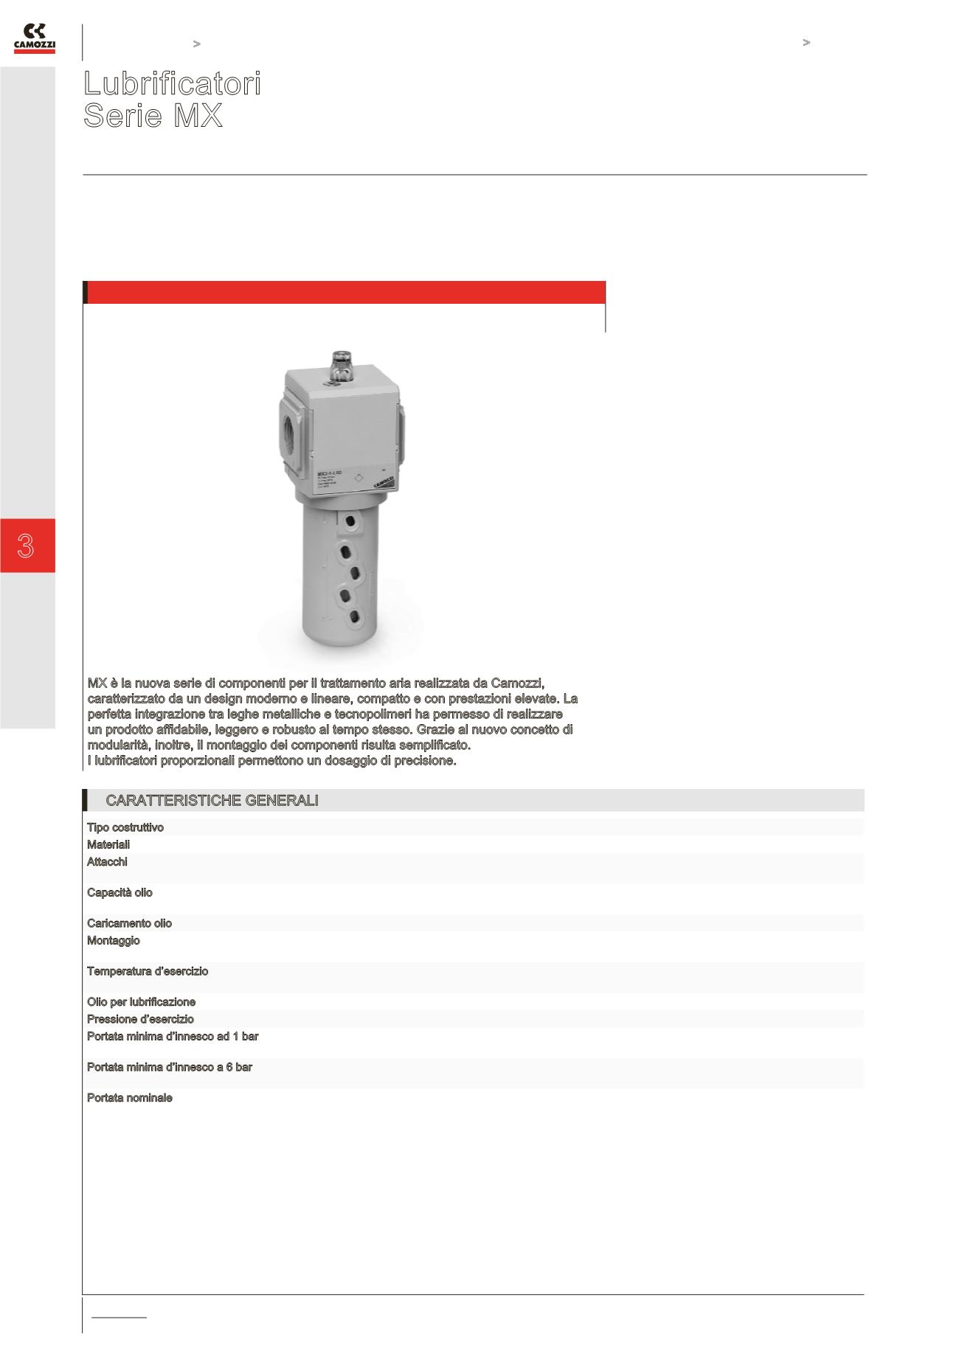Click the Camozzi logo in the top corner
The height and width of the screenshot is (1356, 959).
tap(35, 38)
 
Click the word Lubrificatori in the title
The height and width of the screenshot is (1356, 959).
tap(172, 84)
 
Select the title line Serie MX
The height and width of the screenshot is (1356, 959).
tap(153, 116)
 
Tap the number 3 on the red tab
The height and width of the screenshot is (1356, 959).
tap(27, 546)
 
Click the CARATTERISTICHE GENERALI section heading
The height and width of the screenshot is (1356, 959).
tap(212, 801)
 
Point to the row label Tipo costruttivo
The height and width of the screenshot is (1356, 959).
tap(125, 827)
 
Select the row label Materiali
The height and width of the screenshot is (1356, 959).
tap(108, 844)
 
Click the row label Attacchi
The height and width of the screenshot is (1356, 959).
tap(107, 862)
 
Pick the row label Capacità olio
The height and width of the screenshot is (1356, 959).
tap(120, 893)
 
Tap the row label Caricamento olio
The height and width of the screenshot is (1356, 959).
tap(129, 923)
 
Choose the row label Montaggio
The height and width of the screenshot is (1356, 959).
tap(113, 941)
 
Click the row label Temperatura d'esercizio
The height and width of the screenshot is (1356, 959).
tap(148, 971)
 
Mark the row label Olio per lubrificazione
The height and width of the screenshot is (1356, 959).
tap(141, 1002)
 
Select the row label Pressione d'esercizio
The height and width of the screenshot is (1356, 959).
tap(140, 1019)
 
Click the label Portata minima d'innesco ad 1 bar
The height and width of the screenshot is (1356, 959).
tap(173, 1037)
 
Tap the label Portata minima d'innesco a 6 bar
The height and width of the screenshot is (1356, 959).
tap(170, 1067)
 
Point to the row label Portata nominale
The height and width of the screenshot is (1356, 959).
tap(130, 1098)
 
